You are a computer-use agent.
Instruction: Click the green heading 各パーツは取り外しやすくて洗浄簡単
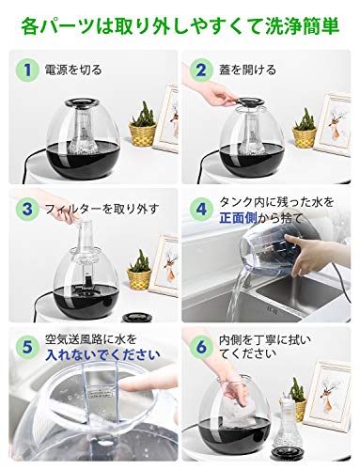180,26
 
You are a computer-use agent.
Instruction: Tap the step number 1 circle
27,70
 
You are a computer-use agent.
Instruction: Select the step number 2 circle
201,70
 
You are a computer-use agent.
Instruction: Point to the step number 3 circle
27,209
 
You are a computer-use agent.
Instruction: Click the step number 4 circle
201,209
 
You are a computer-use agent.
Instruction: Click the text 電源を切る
73,70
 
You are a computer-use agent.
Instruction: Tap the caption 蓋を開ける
247,70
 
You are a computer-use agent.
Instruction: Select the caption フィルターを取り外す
102,209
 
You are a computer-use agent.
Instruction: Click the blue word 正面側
238,218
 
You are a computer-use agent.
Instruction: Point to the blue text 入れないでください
102,355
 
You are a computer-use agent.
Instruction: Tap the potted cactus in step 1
143,125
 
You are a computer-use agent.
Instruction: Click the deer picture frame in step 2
332,124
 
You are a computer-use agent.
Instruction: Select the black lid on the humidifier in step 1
82,102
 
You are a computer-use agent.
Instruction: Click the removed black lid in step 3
136,318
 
